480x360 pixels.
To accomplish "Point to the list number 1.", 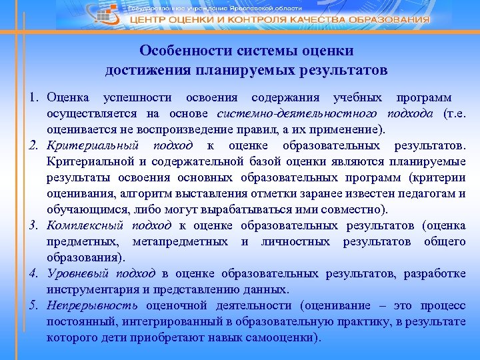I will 33,98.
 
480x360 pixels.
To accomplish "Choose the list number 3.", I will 33,225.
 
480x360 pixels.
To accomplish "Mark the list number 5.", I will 33,306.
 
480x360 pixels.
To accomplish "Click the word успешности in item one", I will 141,98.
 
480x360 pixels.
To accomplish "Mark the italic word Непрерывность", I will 92,306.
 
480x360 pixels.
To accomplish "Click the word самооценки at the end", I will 279,337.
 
